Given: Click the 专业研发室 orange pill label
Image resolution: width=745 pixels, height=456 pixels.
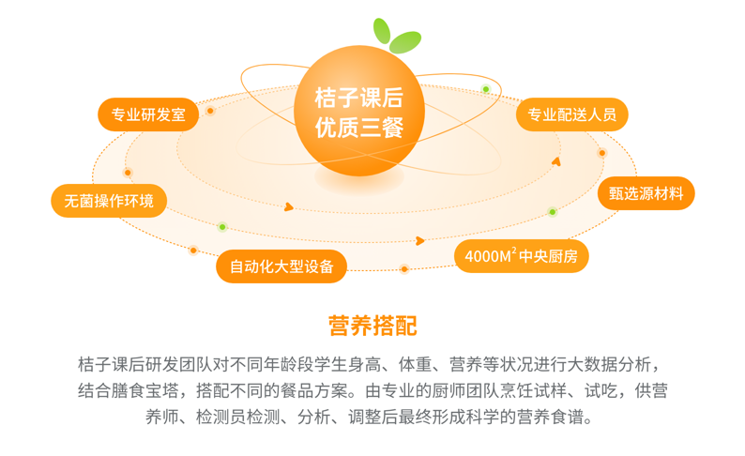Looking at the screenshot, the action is point(148,114).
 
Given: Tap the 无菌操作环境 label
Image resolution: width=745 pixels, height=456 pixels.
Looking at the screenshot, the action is point(109,201).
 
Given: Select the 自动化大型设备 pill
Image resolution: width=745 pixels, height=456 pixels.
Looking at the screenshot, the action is point(281,266).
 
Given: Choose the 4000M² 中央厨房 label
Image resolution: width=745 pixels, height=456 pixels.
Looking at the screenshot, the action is point(521,256).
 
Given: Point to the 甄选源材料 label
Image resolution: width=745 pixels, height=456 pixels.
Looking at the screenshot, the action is point(646,193).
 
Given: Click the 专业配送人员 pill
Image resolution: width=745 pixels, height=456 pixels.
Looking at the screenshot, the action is point(572,114).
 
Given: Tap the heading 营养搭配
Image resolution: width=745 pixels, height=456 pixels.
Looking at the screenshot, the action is point(372,326).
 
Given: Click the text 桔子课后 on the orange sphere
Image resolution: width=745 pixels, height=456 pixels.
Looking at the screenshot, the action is point(359,98).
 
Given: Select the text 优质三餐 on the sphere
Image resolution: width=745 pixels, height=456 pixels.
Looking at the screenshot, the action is point(359,128).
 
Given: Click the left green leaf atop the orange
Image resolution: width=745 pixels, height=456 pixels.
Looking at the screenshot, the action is point(382,31).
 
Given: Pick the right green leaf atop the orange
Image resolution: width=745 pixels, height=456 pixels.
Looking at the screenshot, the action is point(405,42).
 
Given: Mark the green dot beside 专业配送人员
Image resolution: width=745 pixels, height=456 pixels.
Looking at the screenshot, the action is point(486,89).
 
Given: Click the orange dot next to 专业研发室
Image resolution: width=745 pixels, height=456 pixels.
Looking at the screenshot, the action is point(210,111).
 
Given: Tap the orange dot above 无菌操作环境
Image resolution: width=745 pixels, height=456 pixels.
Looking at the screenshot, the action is point(128,173).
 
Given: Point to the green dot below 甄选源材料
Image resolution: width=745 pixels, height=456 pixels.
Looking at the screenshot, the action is point(552,212).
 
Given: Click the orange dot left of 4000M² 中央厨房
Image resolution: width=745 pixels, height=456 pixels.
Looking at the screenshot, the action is point(404,269).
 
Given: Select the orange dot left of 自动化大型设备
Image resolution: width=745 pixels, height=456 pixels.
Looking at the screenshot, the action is point(193,251).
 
